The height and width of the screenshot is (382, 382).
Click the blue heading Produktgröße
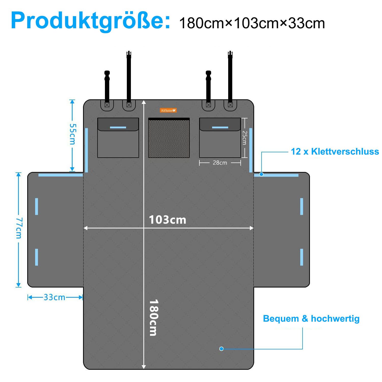(x=90, y=21)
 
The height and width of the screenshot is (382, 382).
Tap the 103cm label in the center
(x=167, y=220)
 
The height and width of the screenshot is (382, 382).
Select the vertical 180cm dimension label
(x=153, y=317)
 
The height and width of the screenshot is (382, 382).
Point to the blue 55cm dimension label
(x=73, y=134)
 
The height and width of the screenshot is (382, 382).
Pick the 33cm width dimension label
(x=54, y=297)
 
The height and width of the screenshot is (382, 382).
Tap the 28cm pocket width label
(x=220, y=163)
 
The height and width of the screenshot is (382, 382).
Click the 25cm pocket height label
(x=244, y=138)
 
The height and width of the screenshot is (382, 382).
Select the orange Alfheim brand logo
(x=168, y=110)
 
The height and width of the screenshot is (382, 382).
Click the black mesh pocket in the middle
(x=169, y=138)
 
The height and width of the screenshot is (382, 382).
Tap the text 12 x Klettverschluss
(x=335, y=152)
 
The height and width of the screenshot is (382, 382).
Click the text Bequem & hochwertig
(x=311, y=319)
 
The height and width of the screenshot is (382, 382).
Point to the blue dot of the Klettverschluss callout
(x=261, y=174)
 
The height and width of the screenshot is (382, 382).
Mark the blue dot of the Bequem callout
(x=221, y=349)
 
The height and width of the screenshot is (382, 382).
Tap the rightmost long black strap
(x=230, y=76)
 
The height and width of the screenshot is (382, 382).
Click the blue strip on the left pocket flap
(x=118, y=127)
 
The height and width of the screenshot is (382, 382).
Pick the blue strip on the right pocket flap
(x=220, y=127)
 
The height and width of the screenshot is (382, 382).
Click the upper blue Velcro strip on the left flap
(x=37, y=206)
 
